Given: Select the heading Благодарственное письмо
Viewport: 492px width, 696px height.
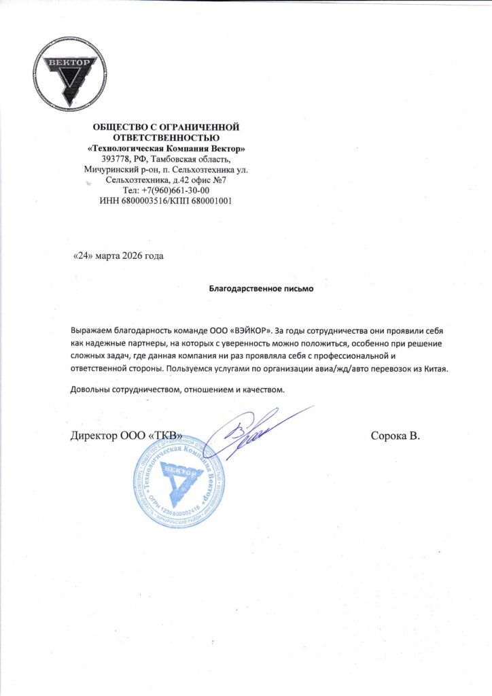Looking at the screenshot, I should (x=262, y=288).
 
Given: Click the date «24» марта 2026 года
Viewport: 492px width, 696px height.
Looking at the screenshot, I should (x=118, y=256).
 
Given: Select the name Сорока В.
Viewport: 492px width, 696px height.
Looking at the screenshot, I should (x=396, y=436).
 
